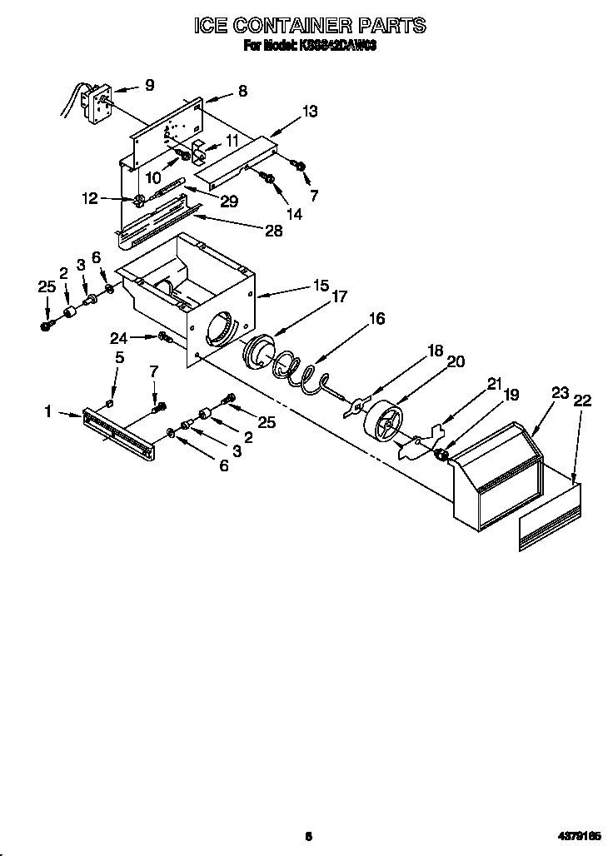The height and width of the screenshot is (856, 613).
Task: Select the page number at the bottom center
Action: (x=307, y=835)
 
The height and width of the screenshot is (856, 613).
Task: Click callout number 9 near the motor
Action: (x=149, y=84)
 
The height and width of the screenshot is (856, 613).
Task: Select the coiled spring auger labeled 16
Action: (x=300, y=369)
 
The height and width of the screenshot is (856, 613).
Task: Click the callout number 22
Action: (x=582, y=401)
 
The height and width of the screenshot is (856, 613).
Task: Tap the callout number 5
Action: (x=119, y=358)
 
